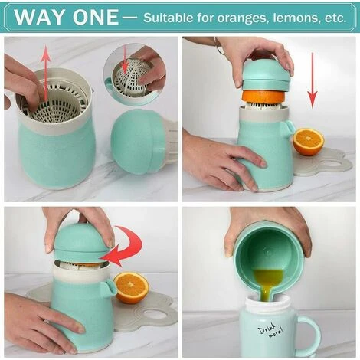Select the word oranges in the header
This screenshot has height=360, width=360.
pyautogui.click(x=245, y=17)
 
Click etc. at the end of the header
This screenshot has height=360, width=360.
pyautogui.click(x=339, y=17)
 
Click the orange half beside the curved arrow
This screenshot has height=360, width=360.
pyautogui.click(x=131, y=287)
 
